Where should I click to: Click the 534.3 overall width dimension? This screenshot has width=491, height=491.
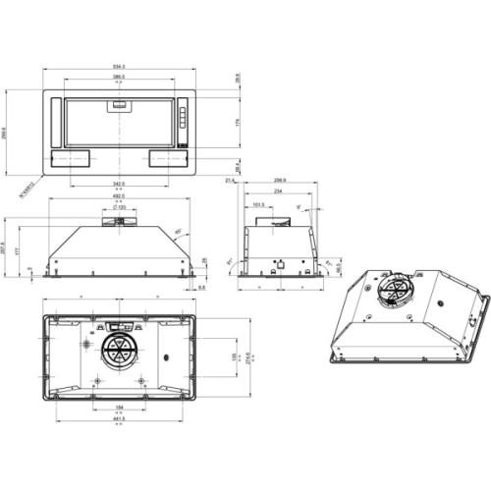[120, 67]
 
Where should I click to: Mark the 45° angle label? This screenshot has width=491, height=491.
[178, 232]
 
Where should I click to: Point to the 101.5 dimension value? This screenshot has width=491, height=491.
[258, 205]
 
